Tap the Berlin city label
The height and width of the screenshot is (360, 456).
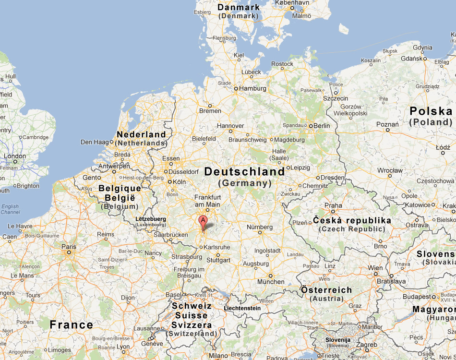coord(322,126)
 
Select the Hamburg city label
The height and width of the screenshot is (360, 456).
coord(252,88)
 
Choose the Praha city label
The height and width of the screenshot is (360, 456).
coord(333,205)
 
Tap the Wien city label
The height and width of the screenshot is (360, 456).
coord(375,268)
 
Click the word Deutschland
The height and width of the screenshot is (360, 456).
coord(244,171)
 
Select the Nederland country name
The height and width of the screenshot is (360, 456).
coord(141,134)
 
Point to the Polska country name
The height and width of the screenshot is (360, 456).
coord(431,111)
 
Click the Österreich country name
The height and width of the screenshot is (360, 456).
coord(326,290)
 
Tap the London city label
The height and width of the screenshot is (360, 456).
coord(15,156)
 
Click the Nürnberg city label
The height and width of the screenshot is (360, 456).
coord(260,227)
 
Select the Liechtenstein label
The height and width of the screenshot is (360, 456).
coord(242,308)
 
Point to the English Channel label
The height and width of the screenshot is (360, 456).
coord(10,209)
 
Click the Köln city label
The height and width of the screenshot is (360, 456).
coord(179,182)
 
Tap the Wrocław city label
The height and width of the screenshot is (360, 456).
coord(390,170)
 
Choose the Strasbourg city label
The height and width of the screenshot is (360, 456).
coord(187,257)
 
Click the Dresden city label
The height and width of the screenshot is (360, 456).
coord(332,178)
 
